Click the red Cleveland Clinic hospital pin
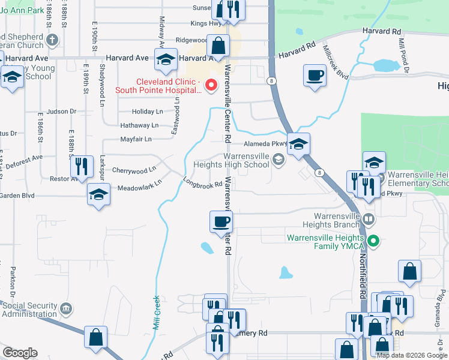click(211, 86)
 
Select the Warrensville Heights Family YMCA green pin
click(374, 242)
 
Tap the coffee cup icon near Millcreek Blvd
click(315, 76)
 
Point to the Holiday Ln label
click(147, 112)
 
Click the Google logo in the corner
click(20, 353)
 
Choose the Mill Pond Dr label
click(403, 57)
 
